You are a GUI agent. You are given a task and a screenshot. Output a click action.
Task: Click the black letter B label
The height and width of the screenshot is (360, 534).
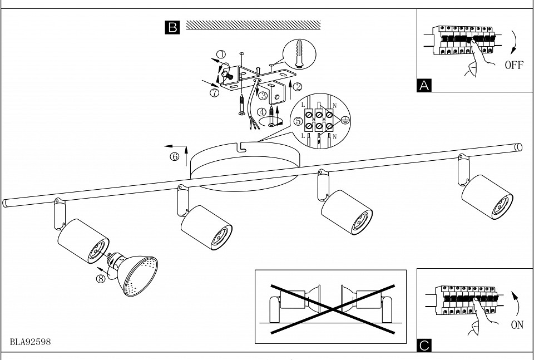(x=172, y=27)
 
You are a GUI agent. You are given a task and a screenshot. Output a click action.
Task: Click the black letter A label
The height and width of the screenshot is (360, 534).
(x=424, y=86)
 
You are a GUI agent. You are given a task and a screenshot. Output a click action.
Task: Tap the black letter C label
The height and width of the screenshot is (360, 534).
(x=424, y=346)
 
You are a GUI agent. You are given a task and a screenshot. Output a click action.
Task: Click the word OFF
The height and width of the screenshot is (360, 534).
(x=514, y=65)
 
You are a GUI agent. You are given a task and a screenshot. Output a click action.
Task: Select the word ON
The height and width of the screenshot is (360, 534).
(x=517, y=325)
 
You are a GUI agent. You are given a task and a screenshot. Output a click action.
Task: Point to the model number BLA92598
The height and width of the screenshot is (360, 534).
(x=30, y=342)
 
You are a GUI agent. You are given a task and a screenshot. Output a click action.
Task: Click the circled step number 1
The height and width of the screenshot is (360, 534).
(x=221, y=54)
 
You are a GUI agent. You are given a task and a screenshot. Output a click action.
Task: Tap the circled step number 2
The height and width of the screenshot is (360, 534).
(x=297, y=87)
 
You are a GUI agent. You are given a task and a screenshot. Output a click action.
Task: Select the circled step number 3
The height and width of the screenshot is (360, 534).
(x=263, y=96)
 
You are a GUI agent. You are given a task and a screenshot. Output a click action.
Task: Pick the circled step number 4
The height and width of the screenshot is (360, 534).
(x=261, y=112)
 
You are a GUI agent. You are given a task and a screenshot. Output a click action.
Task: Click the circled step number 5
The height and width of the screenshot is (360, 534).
(x=298, y=121)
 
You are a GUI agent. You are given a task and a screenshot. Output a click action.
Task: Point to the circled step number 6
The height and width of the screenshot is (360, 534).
(x=174, y=157)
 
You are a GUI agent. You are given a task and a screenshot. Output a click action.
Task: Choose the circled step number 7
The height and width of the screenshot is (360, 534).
(x=214, y=92)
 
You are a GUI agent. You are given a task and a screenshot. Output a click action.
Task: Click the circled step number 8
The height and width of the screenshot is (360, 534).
(x=101, y=279)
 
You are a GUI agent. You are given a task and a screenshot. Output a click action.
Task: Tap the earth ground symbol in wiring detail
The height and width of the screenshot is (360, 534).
(x=345, y=120)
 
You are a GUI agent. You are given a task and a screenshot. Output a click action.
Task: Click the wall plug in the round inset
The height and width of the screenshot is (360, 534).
(x=299, y=54)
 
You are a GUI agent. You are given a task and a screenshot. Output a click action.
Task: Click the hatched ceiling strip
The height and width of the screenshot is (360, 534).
(x=254, y=25)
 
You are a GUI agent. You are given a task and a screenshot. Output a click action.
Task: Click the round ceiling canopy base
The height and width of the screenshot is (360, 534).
(x=245, y=166)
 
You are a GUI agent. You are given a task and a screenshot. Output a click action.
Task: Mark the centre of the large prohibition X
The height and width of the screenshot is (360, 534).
(x=333, y=309)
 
